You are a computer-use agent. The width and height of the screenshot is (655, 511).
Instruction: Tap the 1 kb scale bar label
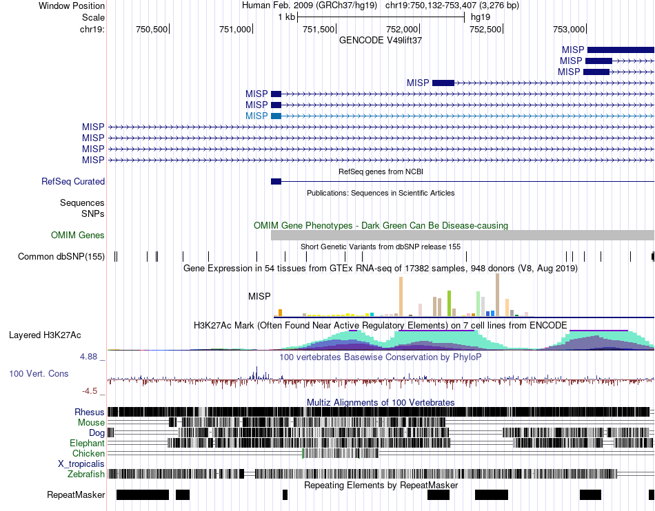pyautogui.click(x=286, y=17)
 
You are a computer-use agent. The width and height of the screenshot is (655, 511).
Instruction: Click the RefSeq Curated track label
pyautogui.click(x=73, y=182)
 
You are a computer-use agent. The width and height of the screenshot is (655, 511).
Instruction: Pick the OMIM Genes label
pyautogui.click(x=78, y=236)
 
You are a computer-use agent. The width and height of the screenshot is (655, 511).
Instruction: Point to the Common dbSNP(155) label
pyautogui.click(x=61, y=257)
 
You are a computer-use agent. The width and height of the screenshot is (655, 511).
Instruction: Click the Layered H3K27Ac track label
pyautogui.click(x=45, y=336)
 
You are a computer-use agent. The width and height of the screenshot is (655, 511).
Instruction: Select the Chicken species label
pyautogui.click(x=88, y=454)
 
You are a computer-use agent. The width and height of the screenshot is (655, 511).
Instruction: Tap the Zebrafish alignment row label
pyautogui.click(x=86, y=474)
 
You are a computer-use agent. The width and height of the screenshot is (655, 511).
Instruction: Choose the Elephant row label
pyautogui.click(x=87, y=444)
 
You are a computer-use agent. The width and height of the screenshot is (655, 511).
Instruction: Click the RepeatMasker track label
pyautogui.click(x=76, y=495)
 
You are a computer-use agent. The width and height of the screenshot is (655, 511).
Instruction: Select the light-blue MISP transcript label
pyautogui.click(x=256, y=116)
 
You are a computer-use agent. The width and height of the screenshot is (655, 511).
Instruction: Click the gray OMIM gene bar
pyautogui.click(x=462, y=236)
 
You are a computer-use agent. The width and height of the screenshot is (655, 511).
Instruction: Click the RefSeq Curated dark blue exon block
pyautogui.click(x=276, y=181)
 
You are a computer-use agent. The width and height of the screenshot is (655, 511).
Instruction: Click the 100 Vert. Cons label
pyautogui.click(x=39, y=374)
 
